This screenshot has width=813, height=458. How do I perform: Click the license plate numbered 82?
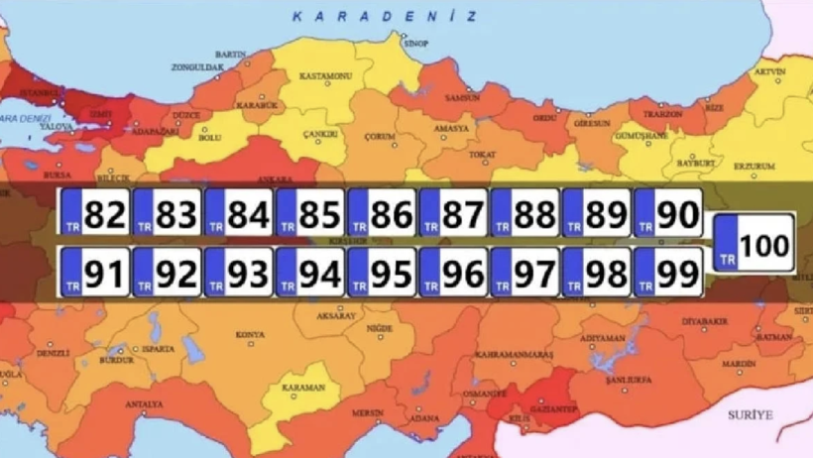point(95,212)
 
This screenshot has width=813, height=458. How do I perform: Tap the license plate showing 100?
point(755,241)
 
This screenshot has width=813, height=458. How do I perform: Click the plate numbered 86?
point(381,212)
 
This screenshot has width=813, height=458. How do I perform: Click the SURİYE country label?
point(749,414)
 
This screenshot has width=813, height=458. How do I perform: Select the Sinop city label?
point(417,44)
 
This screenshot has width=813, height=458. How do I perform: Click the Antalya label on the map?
point(145,404)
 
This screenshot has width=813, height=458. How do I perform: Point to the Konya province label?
point(250,335)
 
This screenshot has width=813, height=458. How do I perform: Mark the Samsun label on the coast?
point(462,99)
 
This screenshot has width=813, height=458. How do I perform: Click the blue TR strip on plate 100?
point(727,241)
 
